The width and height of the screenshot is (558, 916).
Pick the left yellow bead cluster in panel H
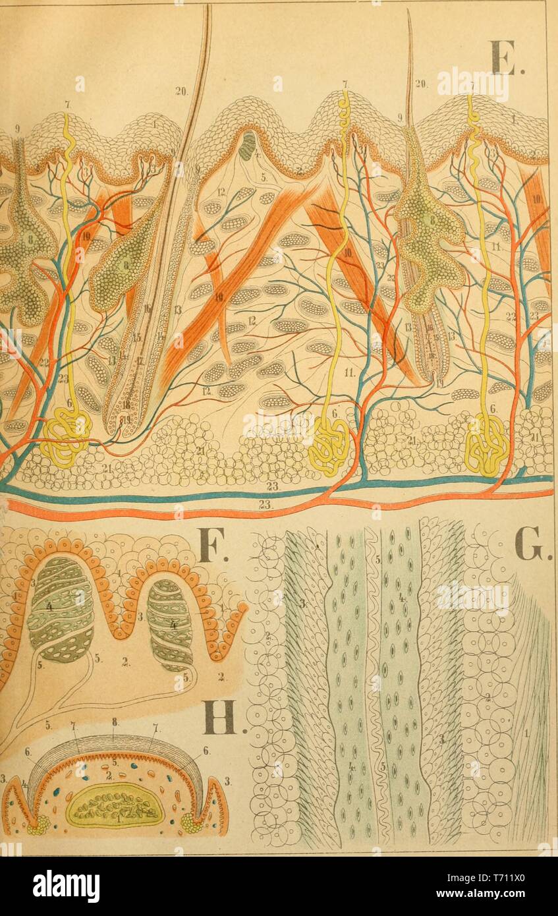(37, 823)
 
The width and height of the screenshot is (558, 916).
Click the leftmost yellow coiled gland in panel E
(65, 438)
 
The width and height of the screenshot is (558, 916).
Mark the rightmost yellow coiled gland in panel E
(486, 447)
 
